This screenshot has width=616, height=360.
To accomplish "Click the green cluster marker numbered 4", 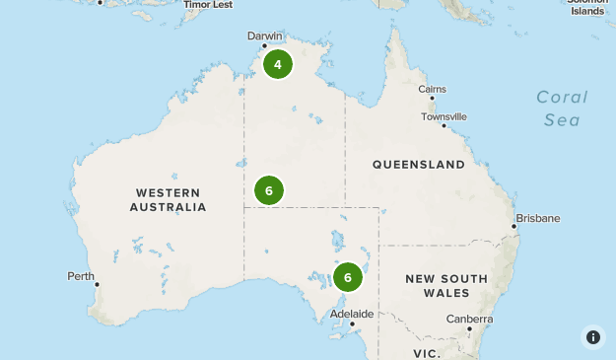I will click(278, 65).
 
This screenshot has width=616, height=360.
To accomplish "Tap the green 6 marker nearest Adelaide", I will click(348, 277).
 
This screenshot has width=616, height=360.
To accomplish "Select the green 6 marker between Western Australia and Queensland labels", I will click(269, 190).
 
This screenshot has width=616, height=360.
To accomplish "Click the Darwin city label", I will click(265, 36).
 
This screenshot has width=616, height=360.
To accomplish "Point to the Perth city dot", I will click(97, 285).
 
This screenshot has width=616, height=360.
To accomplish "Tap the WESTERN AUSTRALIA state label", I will click(168, 199).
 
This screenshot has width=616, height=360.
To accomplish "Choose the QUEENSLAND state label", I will click(418, 164).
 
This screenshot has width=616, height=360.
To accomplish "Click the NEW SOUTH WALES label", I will click(446, 286).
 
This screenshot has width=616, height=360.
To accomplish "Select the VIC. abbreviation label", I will click(427, 352).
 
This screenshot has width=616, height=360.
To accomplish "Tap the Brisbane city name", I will click(537, 218).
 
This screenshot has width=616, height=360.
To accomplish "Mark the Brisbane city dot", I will click(513, 227).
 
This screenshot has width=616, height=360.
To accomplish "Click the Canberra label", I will click(469, 319).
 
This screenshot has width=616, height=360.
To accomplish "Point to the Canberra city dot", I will click(469, 329).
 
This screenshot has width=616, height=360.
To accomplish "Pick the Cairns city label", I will click(432, 90).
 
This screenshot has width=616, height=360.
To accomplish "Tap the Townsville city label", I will click(445, 116).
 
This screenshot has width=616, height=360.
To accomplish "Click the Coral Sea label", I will click(562, 108).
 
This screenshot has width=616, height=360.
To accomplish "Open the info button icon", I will click(592, 336).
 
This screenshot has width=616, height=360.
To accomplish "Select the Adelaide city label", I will click(352, 314).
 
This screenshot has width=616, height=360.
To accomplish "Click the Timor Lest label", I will click(209, 4).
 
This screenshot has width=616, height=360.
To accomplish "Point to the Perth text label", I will click(81, 276).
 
